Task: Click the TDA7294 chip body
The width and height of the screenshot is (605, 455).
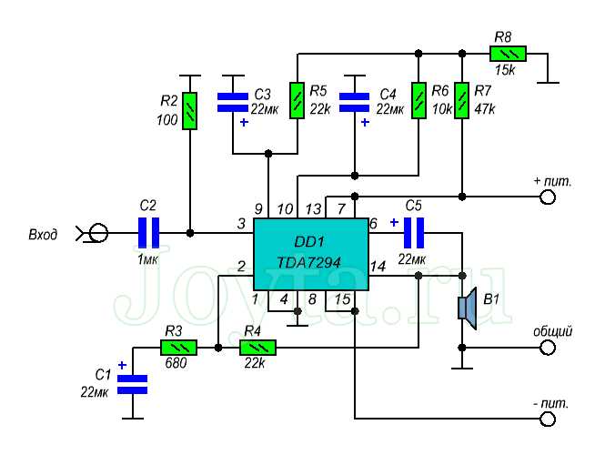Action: [310, 254]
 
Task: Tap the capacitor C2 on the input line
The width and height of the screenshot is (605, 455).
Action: [148, 233]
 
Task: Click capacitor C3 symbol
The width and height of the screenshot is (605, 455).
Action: [233, 102]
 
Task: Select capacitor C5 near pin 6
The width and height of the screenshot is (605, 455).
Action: [415, 233]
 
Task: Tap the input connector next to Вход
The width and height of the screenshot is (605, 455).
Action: [96, 234]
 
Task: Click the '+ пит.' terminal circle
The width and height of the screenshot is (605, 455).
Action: [547, 197]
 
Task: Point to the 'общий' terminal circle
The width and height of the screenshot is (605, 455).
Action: [547, 347]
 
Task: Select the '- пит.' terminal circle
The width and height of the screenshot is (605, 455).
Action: [547, 419]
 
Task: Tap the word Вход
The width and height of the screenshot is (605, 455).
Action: [42, 235]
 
